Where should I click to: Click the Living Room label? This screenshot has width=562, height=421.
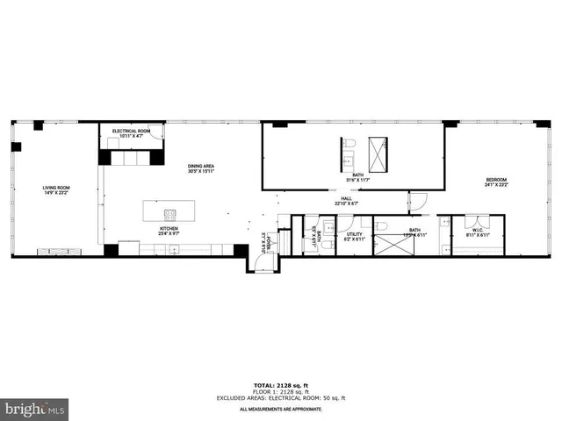coord(56,188)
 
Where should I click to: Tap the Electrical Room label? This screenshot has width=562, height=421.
coord(132,131)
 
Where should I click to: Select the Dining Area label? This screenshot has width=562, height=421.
coord(201,166)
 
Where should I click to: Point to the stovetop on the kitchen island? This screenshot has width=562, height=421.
coord(167,213)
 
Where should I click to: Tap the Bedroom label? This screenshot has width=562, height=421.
coord(496,180)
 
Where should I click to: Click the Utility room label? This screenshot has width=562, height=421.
coord(355,234)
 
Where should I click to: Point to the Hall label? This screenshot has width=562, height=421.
coord(348,199)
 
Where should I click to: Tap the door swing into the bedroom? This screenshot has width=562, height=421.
coord(418,201)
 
